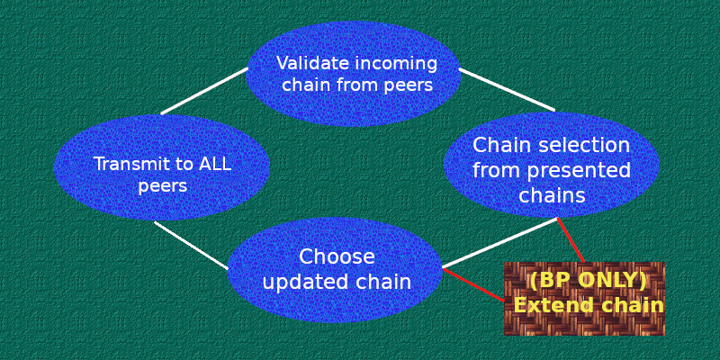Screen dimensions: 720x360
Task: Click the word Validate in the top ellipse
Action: point(313,63)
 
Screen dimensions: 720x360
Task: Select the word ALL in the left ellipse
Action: point(215,165)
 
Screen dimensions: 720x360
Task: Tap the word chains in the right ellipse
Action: point(552,196)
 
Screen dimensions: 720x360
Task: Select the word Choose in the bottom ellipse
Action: point(337,257)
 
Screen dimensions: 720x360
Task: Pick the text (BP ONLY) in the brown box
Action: point(589,281)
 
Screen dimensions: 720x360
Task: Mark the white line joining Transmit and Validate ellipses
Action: point(204,91)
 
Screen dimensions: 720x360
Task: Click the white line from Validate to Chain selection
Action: point(507,89)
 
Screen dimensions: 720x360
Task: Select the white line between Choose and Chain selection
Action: point(500,243)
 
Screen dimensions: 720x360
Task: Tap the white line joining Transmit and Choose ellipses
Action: point(191,245)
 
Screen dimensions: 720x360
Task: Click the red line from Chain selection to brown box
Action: point(571,240)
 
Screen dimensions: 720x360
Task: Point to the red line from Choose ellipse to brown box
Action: point(474,284)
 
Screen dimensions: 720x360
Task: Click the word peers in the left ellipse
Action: point(163,187)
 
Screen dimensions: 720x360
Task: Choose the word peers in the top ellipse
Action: point(409,85)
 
